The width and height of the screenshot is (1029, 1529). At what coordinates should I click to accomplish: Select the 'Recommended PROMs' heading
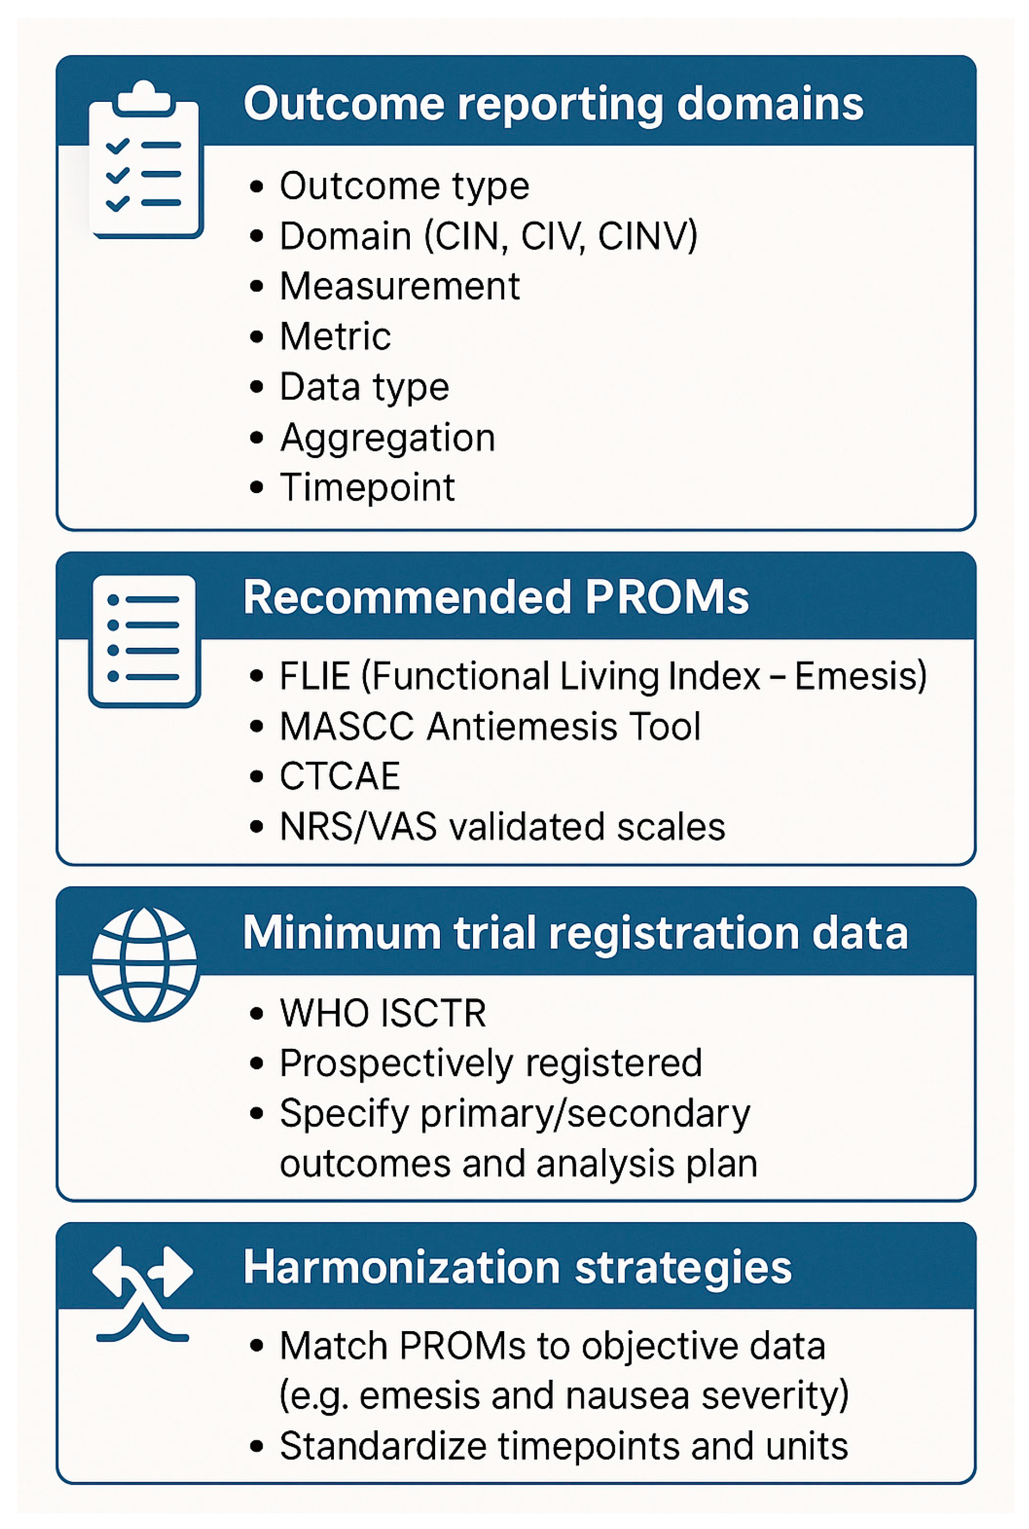pyautogui.click(x=496, y=597)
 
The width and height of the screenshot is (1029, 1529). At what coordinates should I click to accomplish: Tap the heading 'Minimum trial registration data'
pyautogui.click(x=575, y=933)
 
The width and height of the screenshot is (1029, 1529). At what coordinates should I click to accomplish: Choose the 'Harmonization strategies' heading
pyautogui.click(x=517, y=1268)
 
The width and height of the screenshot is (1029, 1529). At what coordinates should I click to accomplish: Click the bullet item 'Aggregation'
pyautogui.click(x=387, y=438)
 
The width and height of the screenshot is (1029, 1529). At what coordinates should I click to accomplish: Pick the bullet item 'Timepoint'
pyautogui.click(x=368, y=488)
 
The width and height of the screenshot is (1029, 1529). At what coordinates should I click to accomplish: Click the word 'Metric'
pyautogui.click(x=335, y=337)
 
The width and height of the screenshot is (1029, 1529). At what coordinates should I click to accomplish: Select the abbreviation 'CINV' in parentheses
pyautogui.click(x=647, y=236)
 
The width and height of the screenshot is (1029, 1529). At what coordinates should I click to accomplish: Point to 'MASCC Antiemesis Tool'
pyautogui.click(x=490, y=727)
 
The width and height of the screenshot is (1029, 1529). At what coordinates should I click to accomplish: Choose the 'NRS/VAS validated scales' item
pyautogui.click(x=503, y=827)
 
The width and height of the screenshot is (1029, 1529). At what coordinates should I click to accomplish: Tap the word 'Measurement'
pyautogui.click(x=400, y=286)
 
